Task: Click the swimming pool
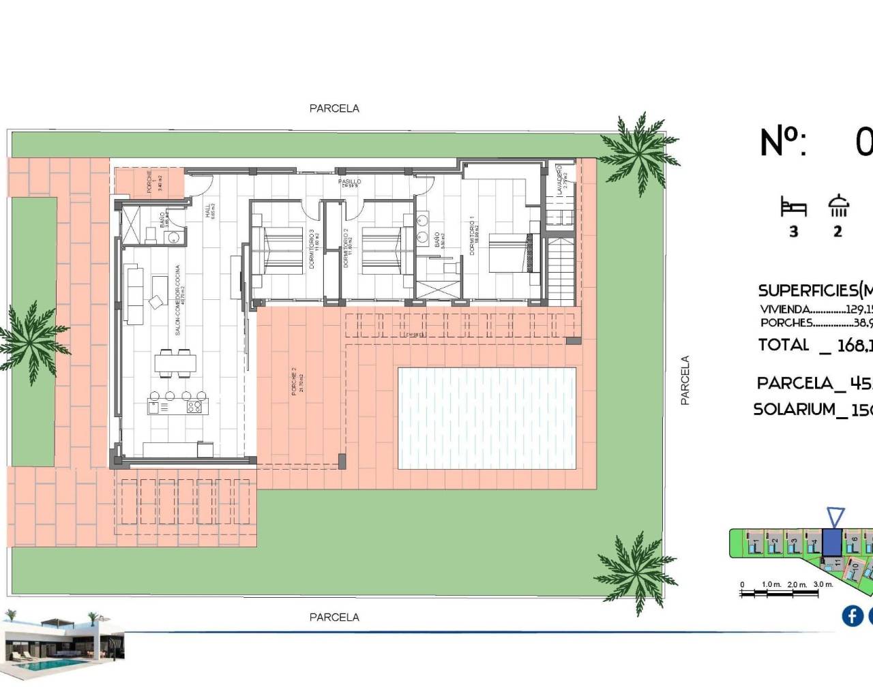click(487, 418)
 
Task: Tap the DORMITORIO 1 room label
click(471, 235)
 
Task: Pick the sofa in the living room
click(134, 295)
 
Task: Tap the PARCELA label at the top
click(334, 108)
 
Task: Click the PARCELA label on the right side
click(685, 380)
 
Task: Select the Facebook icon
click(852, 616)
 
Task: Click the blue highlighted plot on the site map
click(831, 542)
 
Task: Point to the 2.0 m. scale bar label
click(797, 585)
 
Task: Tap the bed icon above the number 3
click(793, 207)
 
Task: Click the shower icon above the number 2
click(838, 206)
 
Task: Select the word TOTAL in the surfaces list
click(784, 345)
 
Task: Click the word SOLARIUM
click(795, 410)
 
